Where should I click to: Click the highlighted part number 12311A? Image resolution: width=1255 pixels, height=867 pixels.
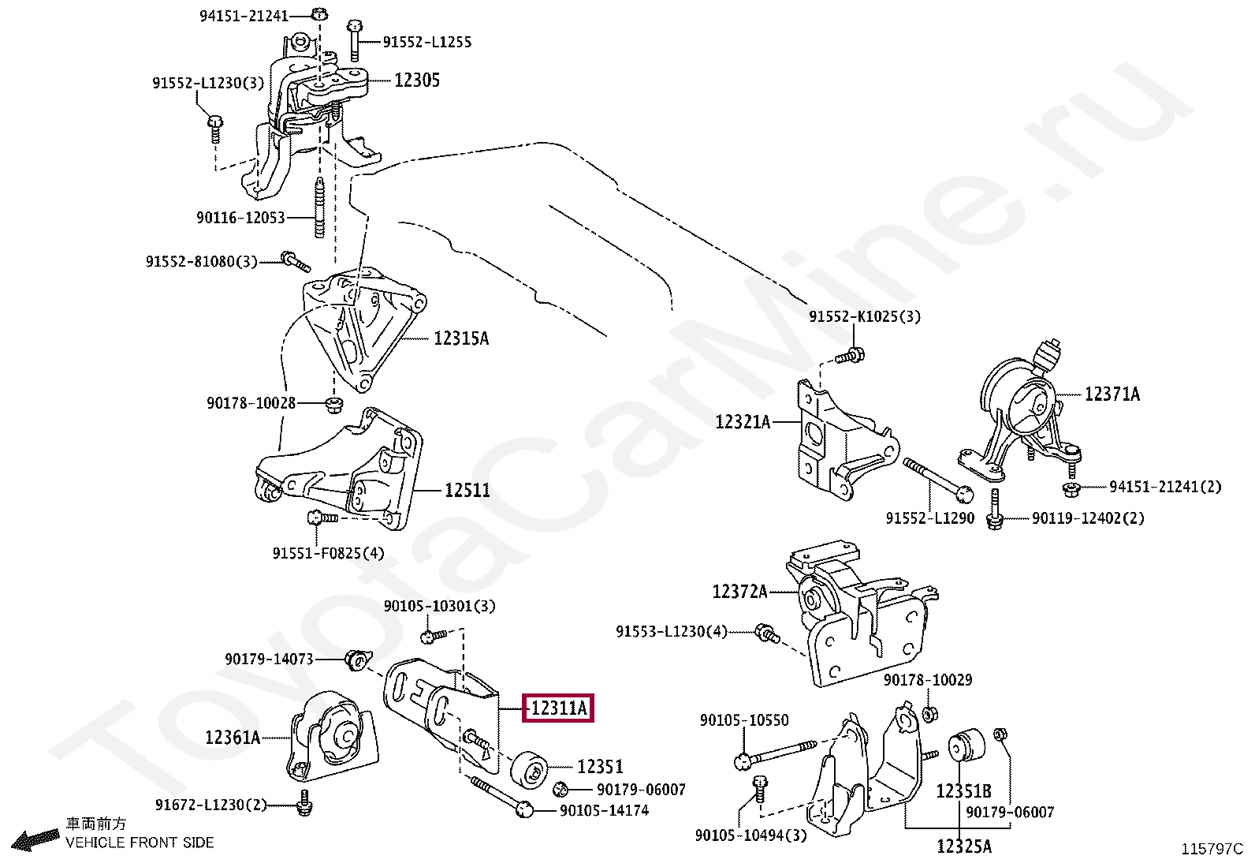point(558,708)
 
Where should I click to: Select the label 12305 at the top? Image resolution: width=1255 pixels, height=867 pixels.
point(417,80)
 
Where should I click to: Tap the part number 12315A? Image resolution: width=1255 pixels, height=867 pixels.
point(460,338)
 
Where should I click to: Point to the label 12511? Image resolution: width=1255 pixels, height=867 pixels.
point(467,491)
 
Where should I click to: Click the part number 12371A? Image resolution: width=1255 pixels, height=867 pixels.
point(1112,394)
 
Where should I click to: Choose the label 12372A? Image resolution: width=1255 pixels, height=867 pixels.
point(739,591)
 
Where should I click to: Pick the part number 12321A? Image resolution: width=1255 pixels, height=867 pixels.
point(743,422)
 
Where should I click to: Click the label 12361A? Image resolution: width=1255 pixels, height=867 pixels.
point(233,738)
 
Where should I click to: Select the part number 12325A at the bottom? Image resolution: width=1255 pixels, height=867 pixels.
point(964,847)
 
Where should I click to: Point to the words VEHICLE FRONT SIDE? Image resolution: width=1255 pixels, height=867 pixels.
point(140,843)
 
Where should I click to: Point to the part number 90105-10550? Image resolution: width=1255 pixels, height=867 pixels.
point(743,720)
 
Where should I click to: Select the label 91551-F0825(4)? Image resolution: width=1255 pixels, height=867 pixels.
point(328,553)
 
